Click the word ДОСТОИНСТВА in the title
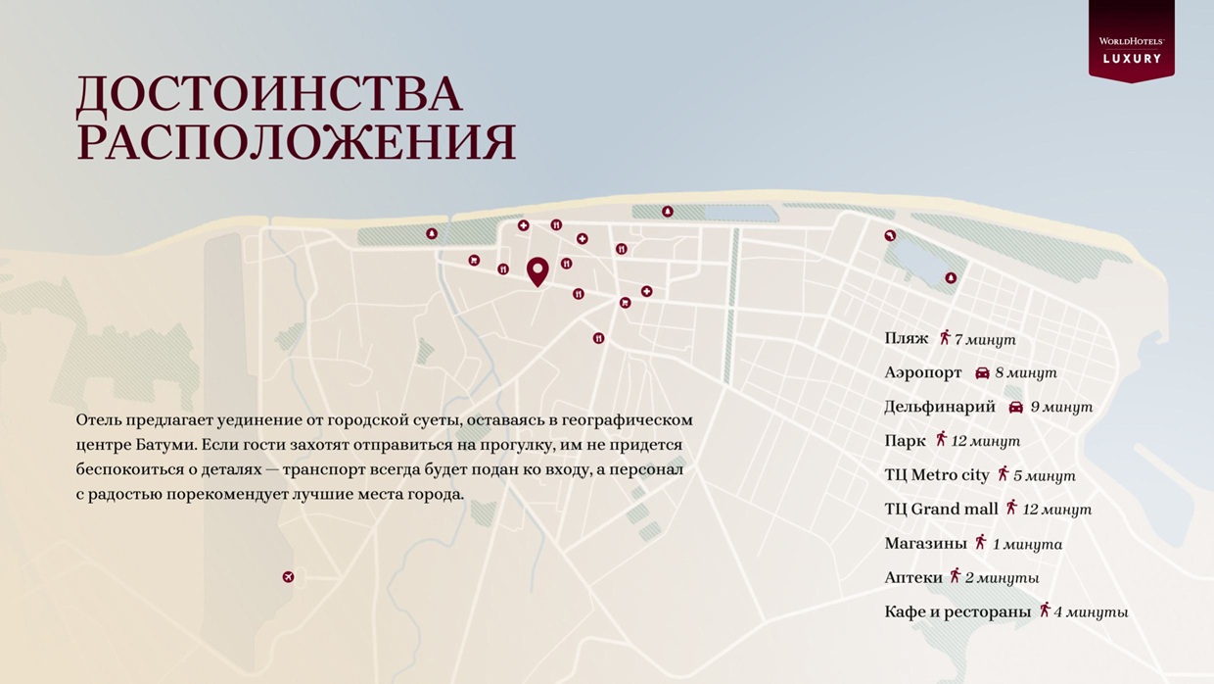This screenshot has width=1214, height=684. tap(268, 94)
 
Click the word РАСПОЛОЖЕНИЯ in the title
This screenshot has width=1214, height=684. tap(296, 142)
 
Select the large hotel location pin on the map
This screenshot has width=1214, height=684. tap(537, 270)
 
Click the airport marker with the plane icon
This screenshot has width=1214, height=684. tap(288, 577)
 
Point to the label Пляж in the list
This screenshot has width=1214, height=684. tap(906, 338)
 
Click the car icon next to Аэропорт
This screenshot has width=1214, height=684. tap(982, 373)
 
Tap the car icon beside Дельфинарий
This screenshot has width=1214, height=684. tap(1015, 407)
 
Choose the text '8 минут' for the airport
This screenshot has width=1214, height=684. tap(1026, 373)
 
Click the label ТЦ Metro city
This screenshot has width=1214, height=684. tap(936, 475)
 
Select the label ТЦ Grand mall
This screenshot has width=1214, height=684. tap(941, 509)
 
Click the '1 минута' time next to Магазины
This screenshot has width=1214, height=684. tap(1027, 544)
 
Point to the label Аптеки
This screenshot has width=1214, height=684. tap(912, 577)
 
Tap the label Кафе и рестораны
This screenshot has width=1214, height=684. tap(957, 611)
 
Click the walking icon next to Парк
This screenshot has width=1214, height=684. tap(941, 440)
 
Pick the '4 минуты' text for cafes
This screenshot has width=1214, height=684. tap(1091, 612)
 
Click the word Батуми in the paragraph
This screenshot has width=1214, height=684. tap(167, 445)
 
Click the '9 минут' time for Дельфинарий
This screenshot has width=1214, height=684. tap(1061, 407)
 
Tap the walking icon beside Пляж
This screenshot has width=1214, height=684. tap(945, 338)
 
